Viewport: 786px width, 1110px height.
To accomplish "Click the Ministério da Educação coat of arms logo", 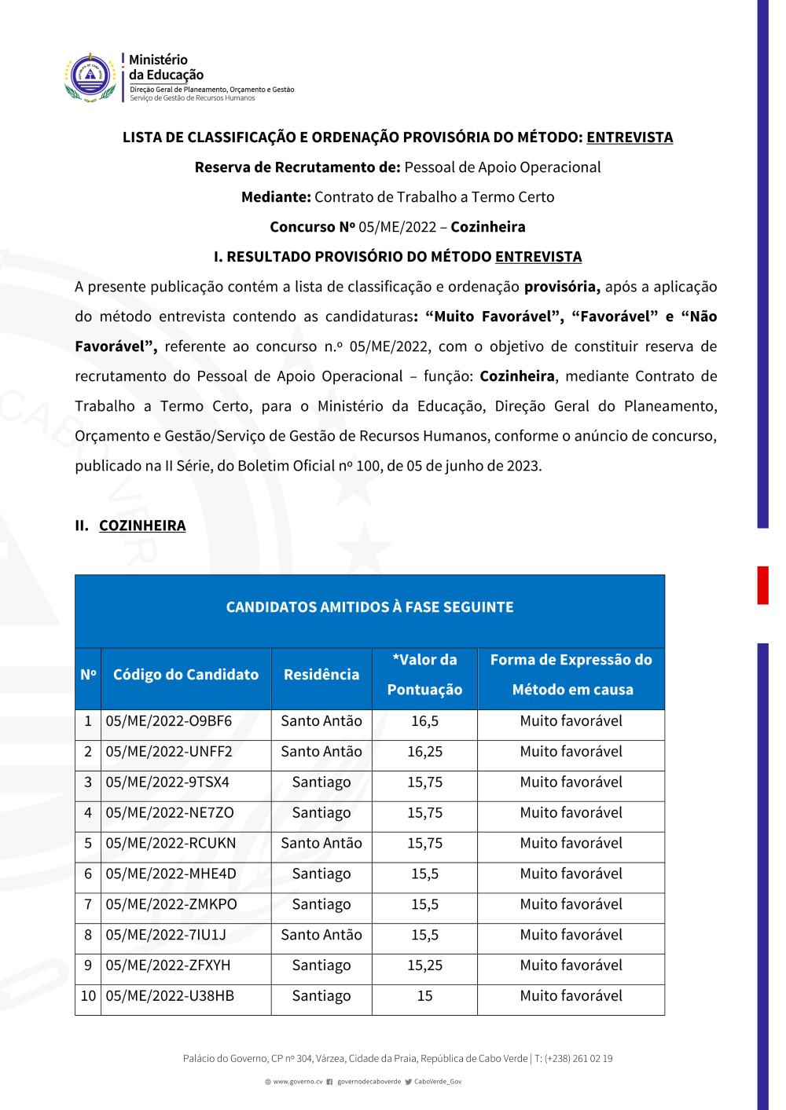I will coord(91,77).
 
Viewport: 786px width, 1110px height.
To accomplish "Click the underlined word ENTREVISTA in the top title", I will coord(630,137).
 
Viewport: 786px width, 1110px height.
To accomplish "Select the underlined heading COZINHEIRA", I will coord(142,526).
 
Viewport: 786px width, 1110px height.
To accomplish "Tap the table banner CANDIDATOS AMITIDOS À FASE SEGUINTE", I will coord(369,607).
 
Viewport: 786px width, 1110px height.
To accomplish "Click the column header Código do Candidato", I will coord(185,675).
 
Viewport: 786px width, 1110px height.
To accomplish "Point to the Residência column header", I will coord(321,675).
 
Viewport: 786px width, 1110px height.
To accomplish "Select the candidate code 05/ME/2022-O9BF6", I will coord(169,721).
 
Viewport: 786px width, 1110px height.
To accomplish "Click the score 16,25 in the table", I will coord(424,752).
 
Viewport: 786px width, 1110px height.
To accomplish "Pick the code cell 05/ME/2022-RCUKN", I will coord(171,844).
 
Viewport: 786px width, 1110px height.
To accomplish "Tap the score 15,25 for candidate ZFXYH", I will coord(424,965).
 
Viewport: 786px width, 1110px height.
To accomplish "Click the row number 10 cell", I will coord(88,996).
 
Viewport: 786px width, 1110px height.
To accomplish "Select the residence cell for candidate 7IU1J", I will coord(321,935).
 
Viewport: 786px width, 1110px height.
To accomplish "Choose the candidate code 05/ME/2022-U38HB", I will coord(170,996).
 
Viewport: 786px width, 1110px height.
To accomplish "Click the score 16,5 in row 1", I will coord(424,721).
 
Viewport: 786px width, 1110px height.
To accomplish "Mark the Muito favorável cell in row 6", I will coord(571,874).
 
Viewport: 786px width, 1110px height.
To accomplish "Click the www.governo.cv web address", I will coord(297,1082).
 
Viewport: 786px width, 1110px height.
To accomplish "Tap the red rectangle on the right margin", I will coord(762,584).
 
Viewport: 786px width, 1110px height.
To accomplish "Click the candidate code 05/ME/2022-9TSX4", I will coord(167,782).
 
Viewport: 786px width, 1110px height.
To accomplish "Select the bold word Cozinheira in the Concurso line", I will coord(488,227).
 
